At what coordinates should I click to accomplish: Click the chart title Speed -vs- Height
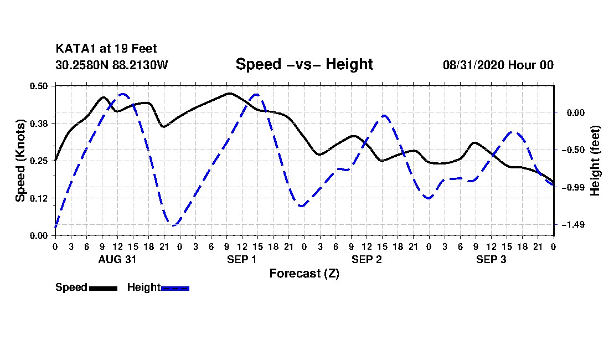304,64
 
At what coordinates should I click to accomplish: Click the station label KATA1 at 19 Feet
106,49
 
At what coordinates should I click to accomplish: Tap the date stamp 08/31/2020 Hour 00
498,65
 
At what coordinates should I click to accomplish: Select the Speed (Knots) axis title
20,161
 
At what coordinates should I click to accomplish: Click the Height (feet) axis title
595,161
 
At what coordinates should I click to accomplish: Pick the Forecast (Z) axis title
304,274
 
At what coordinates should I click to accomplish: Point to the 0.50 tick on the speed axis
40,86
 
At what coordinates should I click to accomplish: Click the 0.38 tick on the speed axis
40,123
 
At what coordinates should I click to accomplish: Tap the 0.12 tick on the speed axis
40,198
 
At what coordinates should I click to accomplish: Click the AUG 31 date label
117,259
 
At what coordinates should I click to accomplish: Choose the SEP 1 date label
241,259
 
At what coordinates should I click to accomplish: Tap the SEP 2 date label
367,259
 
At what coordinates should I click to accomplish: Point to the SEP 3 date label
491,259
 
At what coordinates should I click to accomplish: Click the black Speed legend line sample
103,288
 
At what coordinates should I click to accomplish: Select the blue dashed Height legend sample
176,288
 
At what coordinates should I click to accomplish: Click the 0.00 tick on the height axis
572,112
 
